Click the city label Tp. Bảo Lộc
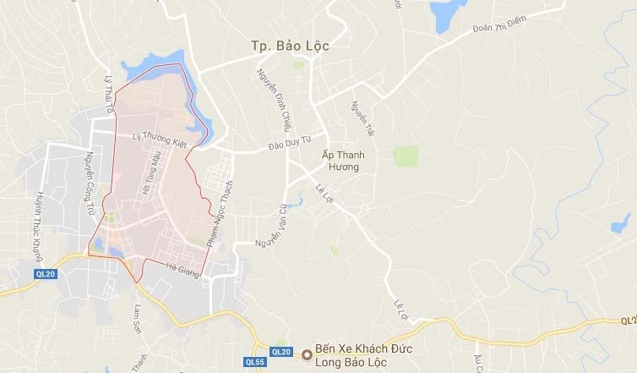pos(290,47)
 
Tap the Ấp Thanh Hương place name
pos(340,161)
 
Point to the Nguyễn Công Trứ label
pos(90,182)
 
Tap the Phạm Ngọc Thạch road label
pos(219,211)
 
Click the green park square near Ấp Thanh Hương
pos(406,156)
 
